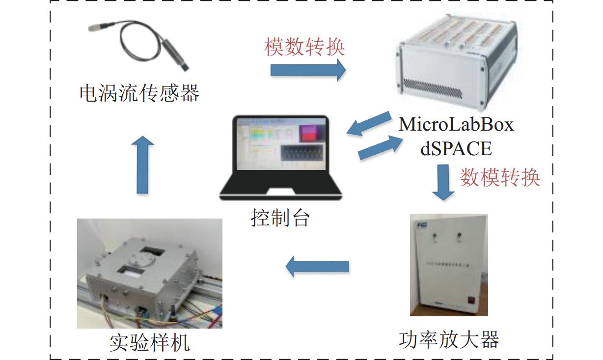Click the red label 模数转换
coord(304,47)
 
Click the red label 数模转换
coord(499,177)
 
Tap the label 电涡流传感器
coord(139,93)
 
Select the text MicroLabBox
coord(456,124)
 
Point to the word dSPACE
coord(456,148)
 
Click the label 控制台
coord(280,217)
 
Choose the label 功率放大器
coord(449,339)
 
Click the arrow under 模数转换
coord(308,70)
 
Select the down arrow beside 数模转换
coord(443,182)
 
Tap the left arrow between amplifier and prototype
coord(317,267)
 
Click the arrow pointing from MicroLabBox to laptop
coord(368,124)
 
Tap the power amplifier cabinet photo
coord(449,265)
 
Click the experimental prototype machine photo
coord(149,274)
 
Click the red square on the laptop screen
coord(309,133)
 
